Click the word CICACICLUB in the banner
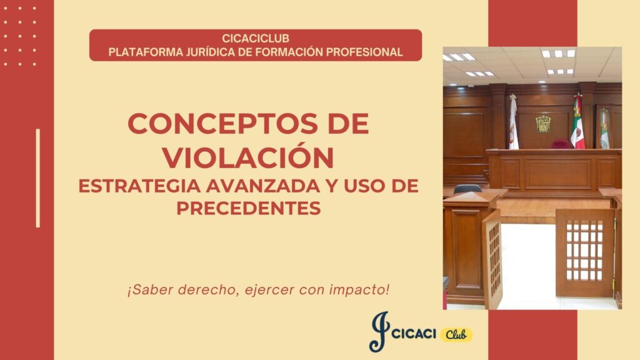(256, 38)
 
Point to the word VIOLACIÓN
(248, 157)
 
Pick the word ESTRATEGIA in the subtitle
(139, 186)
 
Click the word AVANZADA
(263, 186)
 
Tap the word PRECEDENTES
(249, 208)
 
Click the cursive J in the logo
(379, 331)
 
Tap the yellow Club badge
(456, 335)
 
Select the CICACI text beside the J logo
(414, 334)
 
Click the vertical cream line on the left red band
(38, 178)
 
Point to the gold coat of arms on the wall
(543, 124)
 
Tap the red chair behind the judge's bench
(561, 144)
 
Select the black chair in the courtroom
(467, 189)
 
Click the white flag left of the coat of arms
(513, 122)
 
